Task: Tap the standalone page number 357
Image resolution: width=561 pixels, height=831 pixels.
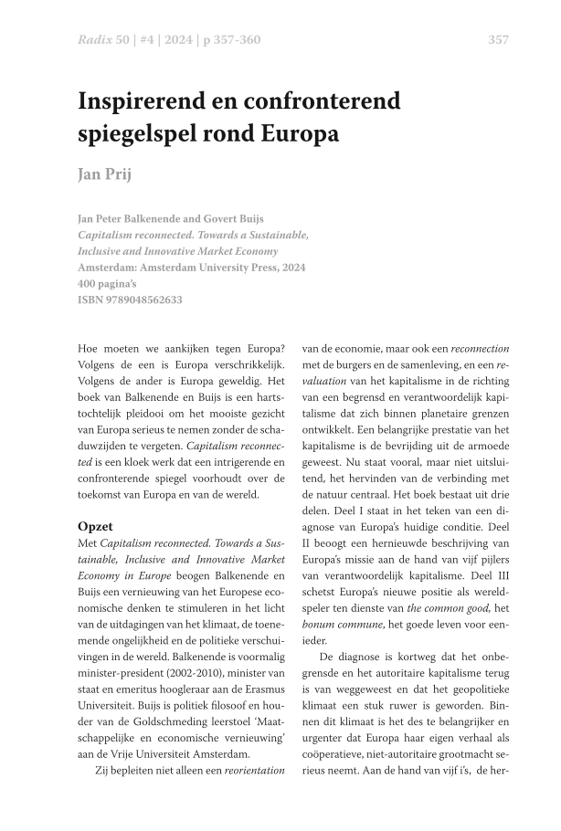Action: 499,39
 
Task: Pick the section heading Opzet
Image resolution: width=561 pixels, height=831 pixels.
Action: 96,528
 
